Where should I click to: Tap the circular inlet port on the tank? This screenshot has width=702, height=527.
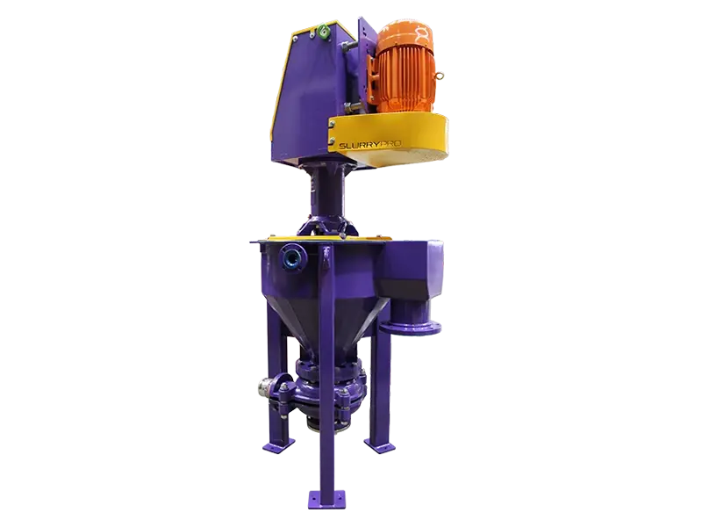pos(291,258)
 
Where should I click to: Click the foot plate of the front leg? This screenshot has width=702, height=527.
pos(329,498)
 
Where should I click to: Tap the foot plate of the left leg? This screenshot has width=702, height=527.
pos(275,446)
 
